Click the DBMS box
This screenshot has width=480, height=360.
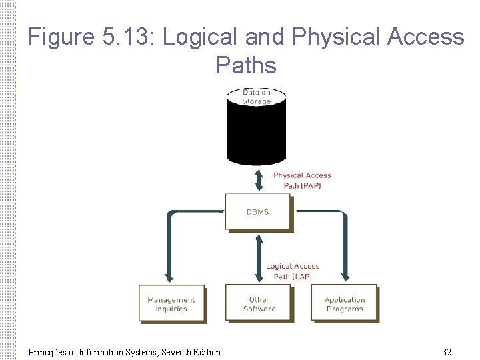[257, 211]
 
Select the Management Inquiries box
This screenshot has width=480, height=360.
[171, 304]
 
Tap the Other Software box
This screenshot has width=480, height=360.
[259, 304]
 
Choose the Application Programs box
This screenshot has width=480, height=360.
[344, 304]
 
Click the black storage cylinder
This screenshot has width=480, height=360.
[257, 133]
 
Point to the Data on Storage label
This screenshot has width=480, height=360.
[257, 97]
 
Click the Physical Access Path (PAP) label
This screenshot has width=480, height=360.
[302, 180]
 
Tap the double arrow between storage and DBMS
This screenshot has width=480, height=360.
[259, 179]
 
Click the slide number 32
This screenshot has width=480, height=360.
[446, 352]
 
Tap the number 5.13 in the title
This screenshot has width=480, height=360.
[129, 37]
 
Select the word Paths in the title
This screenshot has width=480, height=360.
[245, 65]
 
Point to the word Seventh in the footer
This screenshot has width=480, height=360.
[167, 352]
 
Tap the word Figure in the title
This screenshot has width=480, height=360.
[63, 37]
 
